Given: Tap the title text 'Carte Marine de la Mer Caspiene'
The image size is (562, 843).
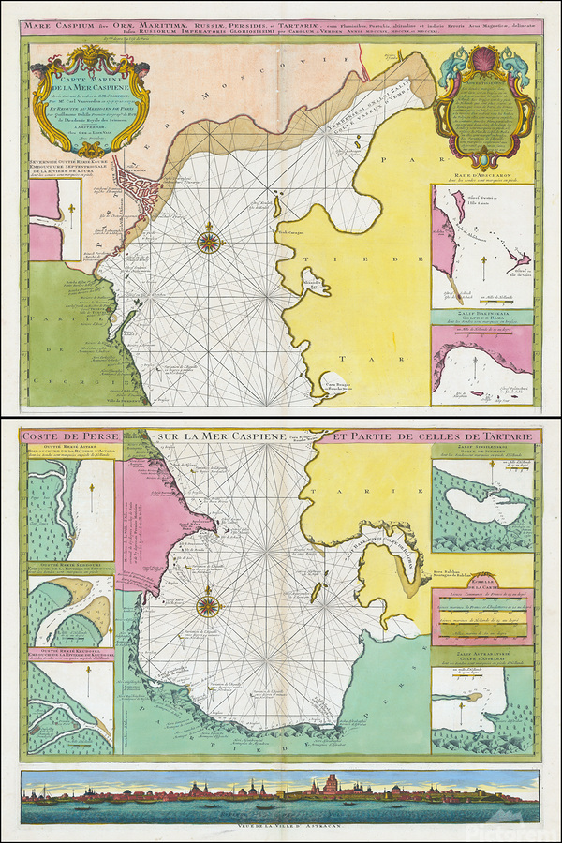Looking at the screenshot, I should (x=86, y=89).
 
